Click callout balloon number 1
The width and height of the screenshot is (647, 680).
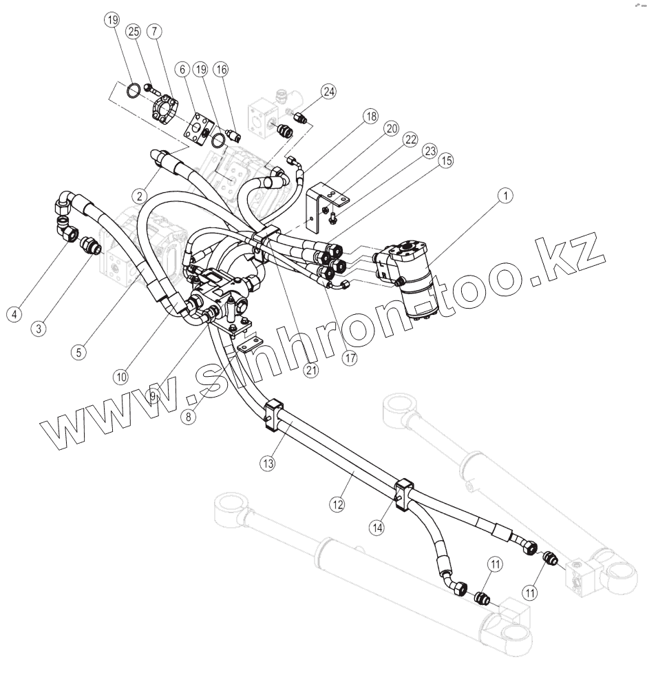tap(506, 196)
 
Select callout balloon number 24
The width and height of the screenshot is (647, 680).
tap(329, 92)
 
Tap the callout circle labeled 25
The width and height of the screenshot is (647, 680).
tap(133, 31)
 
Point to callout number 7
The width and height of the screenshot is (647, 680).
tap(154, 31)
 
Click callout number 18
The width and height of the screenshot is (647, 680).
tap(370, 116)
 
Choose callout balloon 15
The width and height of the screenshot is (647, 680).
tap(446, 161)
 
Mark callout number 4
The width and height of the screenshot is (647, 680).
tap(13, 313)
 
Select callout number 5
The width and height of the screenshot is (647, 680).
tap(80, 351)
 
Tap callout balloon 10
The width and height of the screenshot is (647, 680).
tap(122, 377)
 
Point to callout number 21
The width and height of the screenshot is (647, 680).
tap(310, 369)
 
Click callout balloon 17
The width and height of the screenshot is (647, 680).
tap(350, 358)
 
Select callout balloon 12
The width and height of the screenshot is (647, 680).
tap(337, 504)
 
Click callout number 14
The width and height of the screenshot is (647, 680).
tap(376, 528)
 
